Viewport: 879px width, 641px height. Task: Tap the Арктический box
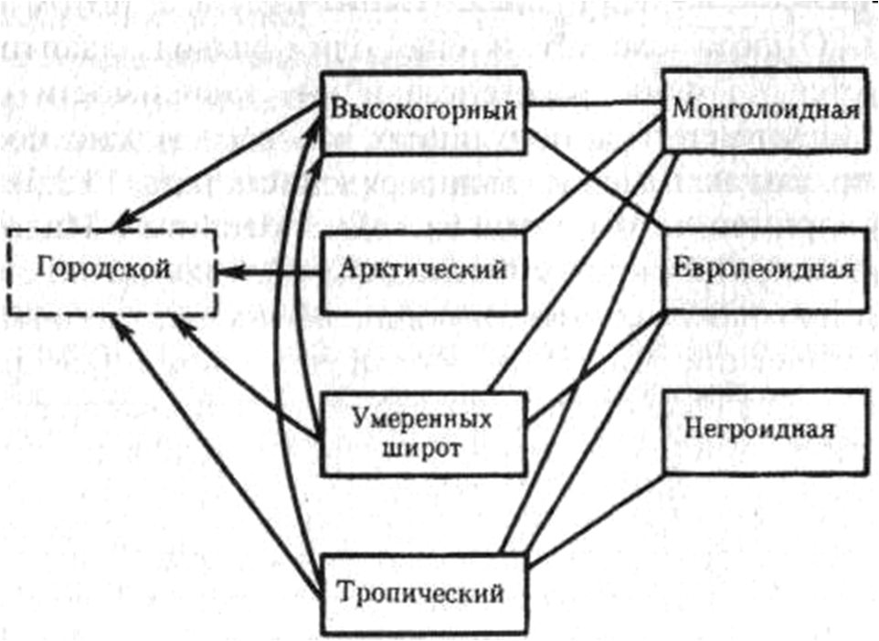(x=424, y=271)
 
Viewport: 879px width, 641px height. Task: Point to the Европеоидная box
(x=766, y=270)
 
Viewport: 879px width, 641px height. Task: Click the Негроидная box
(x=766, y=430)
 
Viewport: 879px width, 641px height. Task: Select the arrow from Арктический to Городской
(x=274, y=271)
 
